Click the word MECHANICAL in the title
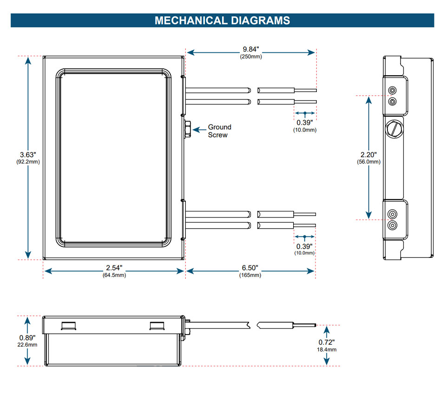(x=191, y=20)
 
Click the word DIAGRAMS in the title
(x=261, y=20)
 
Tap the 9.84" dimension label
(x=251, y=49)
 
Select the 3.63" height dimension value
(x=28, y=155)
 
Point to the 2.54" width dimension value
(x=114, y=268)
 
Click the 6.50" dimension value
(x=250, y=268)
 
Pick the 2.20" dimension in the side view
(x=368, y=155)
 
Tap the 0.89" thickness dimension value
(x=27, y=338)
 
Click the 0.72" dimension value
(x=327, y=342)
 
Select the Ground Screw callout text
(x=219, y=131)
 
